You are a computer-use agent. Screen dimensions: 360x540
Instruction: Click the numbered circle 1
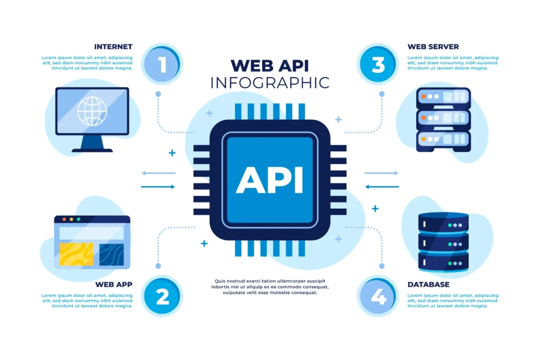[x=162, y=64]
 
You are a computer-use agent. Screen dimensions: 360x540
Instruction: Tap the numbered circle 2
[x=162, y=297]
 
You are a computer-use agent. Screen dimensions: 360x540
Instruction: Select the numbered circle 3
[x=378, y=64]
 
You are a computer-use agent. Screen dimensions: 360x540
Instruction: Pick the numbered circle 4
[x=378, y=297]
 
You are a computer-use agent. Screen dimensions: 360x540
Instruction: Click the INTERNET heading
[x=113, y=46]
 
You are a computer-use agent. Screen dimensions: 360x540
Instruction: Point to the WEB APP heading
[x=113, y=284]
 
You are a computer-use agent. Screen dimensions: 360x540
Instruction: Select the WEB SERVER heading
[x=433, y=46]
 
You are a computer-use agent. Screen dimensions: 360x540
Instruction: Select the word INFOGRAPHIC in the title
[x=269, y=83]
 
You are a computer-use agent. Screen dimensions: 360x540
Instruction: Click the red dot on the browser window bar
[x=63, y=219]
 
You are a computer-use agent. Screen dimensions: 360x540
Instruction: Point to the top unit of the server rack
[x=443, y=97]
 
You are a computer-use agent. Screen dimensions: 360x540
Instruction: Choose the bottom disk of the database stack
[x=443, y=261]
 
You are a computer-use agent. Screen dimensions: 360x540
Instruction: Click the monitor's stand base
[x=92, y=150]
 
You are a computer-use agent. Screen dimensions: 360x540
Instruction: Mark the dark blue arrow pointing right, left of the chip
[x=158, y=187]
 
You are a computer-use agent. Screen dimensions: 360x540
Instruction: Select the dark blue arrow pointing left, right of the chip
[x=382, y=187]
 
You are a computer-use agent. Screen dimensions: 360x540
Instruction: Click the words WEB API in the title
[x=269, y=65]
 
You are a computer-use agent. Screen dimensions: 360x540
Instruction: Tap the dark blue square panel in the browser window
[x=111, y=254]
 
